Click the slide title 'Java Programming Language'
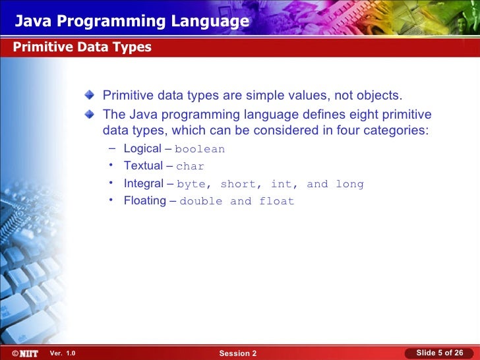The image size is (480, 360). point(132,22)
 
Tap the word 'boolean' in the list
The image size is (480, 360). point(200,149)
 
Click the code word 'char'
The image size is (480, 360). point(191,167)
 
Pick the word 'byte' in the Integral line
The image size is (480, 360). point(191,185)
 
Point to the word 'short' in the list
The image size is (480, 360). point(237,185)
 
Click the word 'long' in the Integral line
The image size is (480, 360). point(349,185)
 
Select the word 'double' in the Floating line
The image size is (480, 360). point(201,202)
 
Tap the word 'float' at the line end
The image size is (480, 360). point(277,202)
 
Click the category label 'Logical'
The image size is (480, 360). point(142,149)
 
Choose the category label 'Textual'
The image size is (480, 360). point(143,166)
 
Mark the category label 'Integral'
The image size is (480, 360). point(143,183)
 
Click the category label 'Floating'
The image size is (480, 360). point(144,201)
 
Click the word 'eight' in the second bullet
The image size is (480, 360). point(361,113)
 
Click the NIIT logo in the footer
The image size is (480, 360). point(24,353)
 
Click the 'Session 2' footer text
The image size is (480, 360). point(238,354)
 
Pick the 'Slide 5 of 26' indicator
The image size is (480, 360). point(439,353)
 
